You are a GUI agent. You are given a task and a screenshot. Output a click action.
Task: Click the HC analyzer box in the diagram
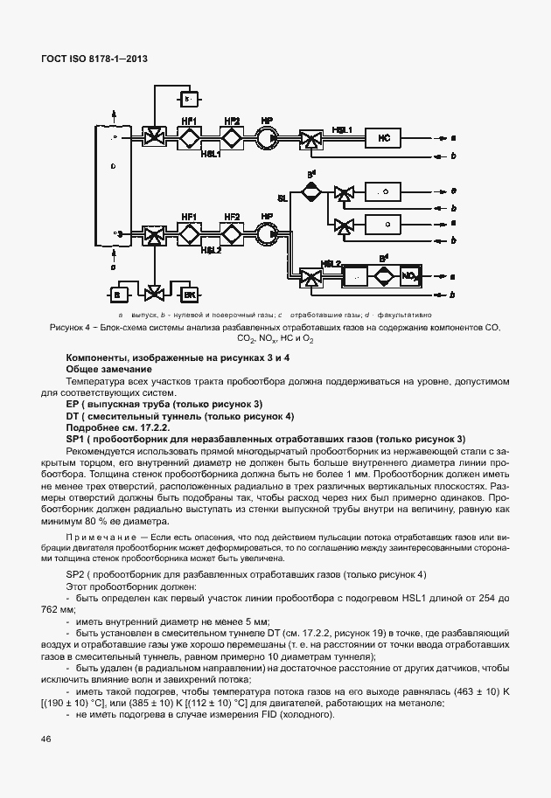(382, 138)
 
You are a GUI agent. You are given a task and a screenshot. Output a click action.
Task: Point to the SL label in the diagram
(282, 198)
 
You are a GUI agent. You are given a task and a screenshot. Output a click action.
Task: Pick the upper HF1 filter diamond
(189, 138)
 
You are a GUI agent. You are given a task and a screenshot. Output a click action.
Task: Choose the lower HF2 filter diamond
(232, 233)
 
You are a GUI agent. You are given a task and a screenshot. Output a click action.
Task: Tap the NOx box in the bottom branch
(408, 276)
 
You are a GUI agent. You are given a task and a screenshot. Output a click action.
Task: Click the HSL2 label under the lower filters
(211, 250)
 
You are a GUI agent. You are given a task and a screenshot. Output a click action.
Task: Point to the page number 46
(45, 739)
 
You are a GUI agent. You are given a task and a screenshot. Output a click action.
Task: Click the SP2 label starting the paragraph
(77, 573)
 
